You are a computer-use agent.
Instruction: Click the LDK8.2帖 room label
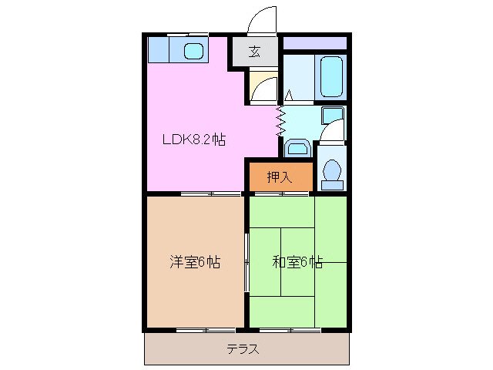[193, 140]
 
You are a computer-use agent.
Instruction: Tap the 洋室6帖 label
[195, 262]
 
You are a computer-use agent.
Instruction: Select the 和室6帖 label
[297, 262]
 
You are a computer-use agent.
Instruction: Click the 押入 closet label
[280, 177]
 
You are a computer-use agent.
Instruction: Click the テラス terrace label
[243, 348]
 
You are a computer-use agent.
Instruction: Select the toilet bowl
[331, 173]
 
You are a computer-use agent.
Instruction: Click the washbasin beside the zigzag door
[297, 146]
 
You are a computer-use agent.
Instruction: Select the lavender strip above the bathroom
[316, 43]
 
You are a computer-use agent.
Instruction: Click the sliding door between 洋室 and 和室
[246, 262]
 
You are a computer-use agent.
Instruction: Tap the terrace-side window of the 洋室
[195, 330]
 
